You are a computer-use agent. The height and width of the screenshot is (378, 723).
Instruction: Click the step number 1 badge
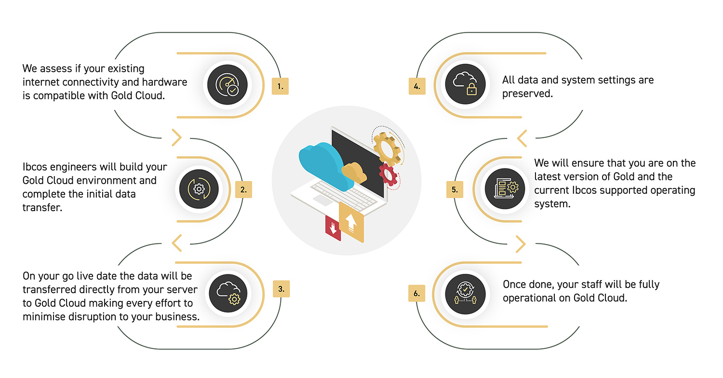[x=280, y=86]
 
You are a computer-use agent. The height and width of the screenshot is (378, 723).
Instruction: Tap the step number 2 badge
[x=243, y=189]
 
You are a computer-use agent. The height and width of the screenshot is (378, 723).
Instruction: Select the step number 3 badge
[x=281, y=289]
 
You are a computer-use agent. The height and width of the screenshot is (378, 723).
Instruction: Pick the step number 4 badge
[x=417, y=86]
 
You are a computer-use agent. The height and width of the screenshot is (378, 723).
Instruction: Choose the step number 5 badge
[x=455, y=189]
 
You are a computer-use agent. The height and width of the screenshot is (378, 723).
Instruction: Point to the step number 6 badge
[x=417, y=293]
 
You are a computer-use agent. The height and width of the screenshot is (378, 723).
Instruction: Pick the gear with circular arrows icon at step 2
[x=199, y=189]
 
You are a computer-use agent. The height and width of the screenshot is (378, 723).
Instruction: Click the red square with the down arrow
[x=333, y=227]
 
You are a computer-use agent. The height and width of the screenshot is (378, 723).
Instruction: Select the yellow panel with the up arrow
[x=352, y=222]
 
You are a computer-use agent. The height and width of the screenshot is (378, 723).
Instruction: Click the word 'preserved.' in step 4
[x=527, y=94]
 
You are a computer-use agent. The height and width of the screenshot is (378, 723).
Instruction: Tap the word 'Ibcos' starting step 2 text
[x=36, y=167]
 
